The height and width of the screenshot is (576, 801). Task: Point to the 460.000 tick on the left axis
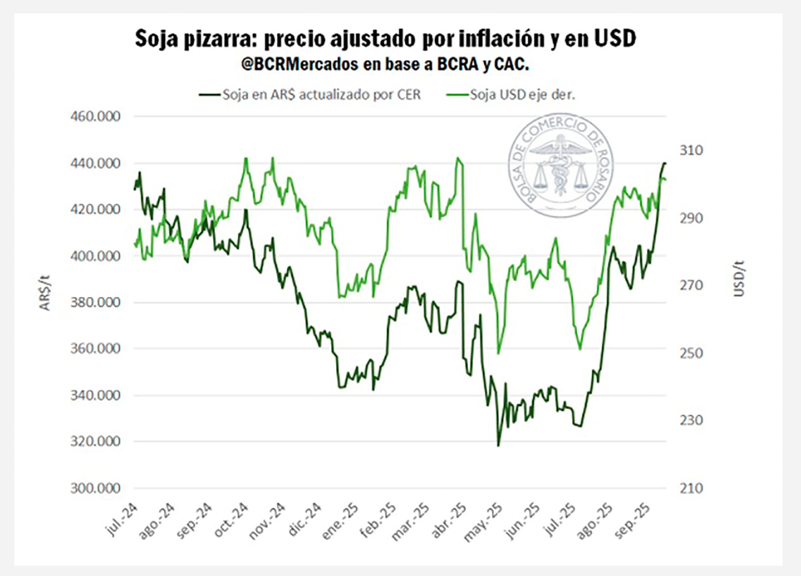pos(95,116)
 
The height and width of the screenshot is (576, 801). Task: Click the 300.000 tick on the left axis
pos(95,488)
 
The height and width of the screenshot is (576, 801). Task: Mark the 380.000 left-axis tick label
pos(95,302)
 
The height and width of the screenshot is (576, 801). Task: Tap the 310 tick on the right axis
pos(691,150)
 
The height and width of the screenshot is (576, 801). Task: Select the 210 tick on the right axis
pos(691,488)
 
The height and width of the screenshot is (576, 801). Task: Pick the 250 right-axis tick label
pos(691,353)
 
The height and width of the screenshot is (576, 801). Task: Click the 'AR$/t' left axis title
pos(45,293)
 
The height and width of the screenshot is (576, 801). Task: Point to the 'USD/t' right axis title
pos(739,278)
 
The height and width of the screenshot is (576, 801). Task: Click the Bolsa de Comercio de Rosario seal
pos(560,165)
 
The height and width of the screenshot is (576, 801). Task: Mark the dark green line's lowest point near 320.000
pos(498,446)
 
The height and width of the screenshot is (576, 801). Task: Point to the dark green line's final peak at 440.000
pos(665,163)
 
